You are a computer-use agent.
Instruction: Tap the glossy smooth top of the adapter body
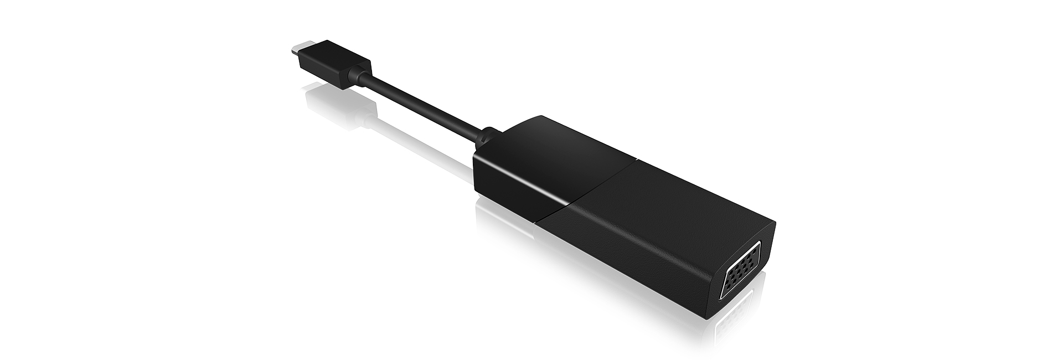[x=559, y=150]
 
